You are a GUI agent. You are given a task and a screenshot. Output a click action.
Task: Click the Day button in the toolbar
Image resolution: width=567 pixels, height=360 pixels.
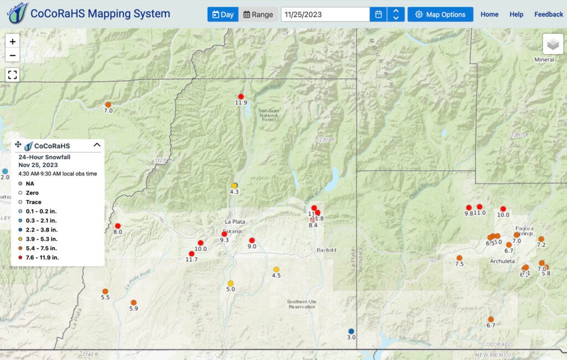(223, 14)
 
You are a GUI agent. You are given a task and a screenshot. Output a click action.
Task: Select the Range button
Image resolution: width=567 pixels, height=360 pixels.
(258, 14)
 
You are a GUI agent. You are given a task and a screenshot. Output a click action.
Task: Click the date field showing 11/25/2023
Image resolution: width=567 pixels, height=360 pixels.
(325, 14)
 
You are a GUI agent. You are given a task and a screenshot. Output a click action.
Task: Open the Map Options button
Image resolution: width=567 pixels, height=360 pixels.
(440, 14)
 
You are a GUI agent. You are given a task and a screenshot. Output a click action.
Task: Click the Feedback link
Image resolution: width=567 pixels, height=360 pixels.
(548, 14)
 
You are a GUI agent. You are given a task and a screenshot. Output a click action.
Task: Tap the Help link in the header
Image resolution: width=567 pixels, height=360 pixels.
(516, 14)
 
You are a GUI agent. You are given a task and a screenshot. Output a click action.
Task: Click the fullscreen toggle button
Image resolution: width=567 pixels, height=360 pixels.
(13, 74)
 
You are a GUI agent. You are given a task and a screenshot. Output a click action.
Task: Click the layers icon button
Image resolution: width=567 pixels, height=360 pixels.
(552, 44)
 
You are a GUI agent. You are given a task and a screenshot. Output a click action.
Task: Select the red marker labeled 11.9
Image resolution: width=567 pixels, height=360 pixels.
(241, 96)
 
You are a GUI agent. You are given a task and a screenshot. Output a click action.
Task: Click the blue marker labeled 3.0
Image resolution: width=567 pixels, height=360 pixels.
(351, 331)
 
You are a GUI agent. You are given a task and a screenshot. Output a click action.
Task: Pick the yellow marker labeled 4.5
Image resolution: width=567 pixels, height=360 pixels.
(276, 269)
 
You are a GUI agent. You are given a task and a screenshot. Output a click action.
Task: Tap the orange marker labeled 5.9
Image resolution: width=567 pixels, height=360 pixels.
(133, 302)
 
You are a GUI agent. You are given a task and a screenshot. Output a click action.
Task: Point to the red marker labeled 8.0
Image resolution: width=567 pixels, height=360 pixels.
(117, 226)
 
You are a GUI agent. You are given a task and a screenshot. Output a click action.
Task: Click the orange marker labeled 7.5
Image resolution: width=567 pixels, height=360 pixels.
(459, 258)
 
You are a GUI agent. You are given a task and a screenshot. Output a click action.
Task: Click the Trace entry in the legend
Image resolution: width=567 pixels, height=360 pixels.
(33, 202)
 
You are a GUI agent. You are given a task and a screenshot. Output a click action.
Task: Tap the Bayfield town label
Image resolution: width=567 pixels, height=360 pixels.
(326, 250)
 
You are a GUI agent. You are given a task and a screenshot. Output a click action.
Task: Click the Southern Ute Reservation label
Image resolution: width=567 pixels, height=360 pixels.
(301, 304)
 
